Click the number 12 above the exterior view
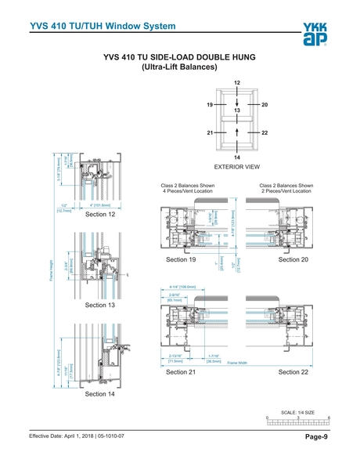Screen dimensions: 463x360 [x=237, y=83]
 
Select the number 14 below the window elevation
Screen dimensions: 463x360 [x=237, y=157]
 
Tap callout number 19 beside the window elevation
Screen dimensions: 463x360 [x=211, y=104]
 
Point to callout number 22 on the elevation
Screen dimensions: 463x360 [x=265, y=134]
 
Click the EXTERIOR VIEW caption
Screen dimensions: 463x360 [x=237, y=168]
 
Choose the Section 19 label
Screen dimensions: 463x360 [x=182, y=259]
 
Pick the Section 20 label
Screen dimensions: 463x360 [x=294, y=259]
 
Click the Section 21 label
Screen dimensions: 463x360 [x=182, y=372]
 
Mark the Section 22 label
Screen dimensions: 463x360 [x=294, y=372]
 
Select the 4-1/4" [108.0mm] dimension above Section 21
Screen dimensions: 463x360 [x=182, y=288]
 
